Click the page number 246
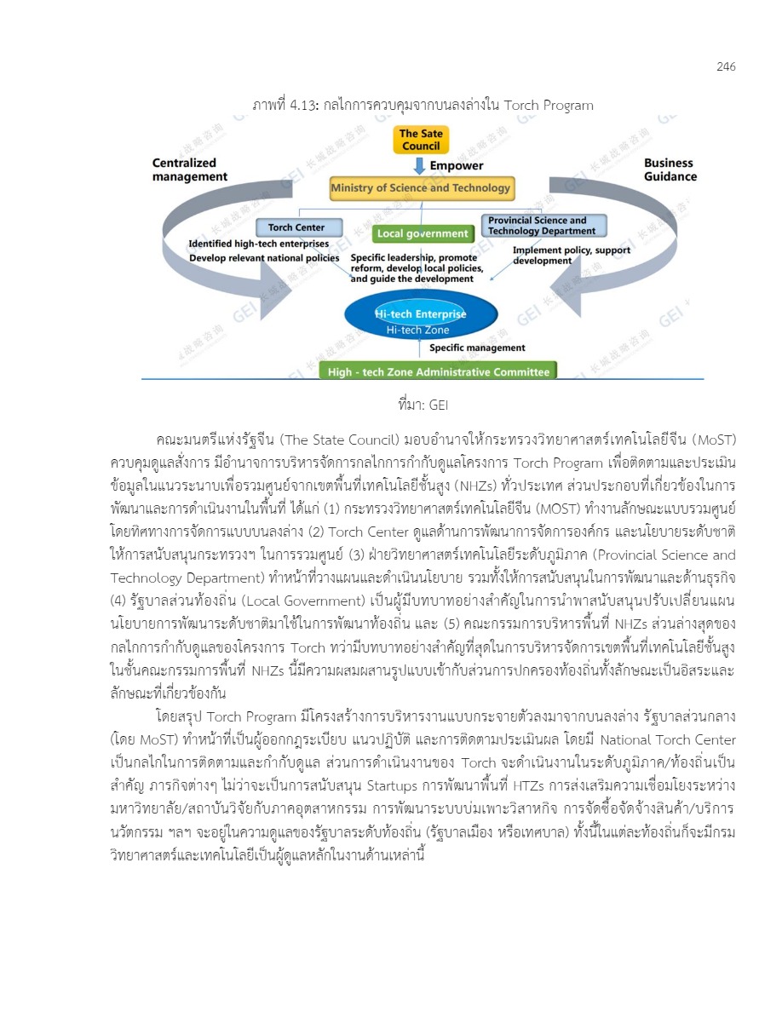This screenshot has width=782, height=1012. (726, 67)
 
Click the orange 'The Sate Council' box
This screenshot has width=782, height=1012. (421, 140)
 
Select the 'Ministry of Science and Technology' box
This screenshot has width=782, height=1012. (421, 187)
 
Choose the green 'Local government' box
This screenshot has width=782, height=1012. (423, 233)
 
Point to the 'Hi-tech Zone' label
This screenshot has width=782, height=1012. (417, 330)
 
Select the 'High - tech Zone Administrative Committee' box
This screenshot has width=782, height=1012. (437, 371)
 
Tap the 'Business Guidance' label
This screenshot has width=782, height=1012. (670, 170)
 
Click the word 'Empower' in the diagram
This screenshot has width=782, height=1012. (457, 165)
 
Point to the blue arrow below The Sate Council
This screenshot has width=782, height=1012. (421, 165)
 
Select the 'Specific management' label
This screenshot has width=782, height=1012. (477, 348)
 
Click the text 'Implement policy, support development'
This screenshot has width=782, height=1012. (560, 256)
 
